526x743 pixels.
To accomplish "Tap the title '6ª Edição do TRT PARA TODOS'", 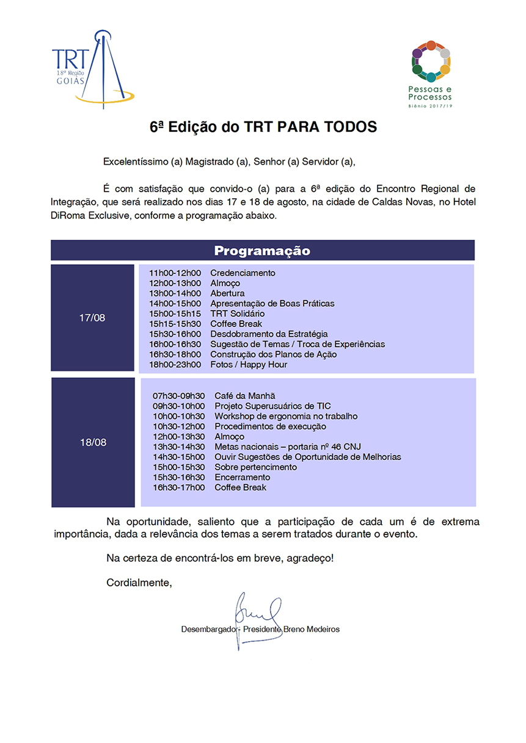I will tap(263, 127).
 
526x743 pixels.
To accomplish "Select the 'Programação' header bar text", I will tap(262, 251).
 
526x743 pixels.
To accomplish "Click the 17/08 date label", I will tap(92, 318).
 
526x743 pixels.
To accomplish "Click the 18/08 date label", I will tap(93, 442).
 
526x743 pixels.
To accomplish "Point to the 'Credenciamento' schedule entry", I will tap(243, 273).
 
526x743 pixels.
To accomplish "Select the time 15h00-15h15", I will tap(175, 314).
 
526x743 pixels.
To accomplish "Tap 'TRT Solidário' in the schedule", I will tap(238, 314).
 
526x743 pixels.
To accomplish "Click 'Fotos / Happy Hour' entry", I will tap(249, 364).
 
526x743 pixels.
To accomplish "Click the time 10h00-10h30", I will tap(179, 416).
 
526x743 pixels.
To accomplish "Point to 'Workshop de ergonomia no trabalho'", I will tap(286, 416).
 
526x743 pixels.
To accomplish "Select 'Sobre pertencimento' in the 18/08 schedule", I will tap(255, 467).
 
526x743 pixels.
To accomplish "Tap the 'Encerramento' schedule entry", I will tap(242, 477).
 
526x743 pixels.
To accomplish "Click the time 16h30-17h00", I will tap(179, 487).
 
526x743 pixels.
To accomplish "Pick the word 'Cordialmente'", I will tap(139, 583).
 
